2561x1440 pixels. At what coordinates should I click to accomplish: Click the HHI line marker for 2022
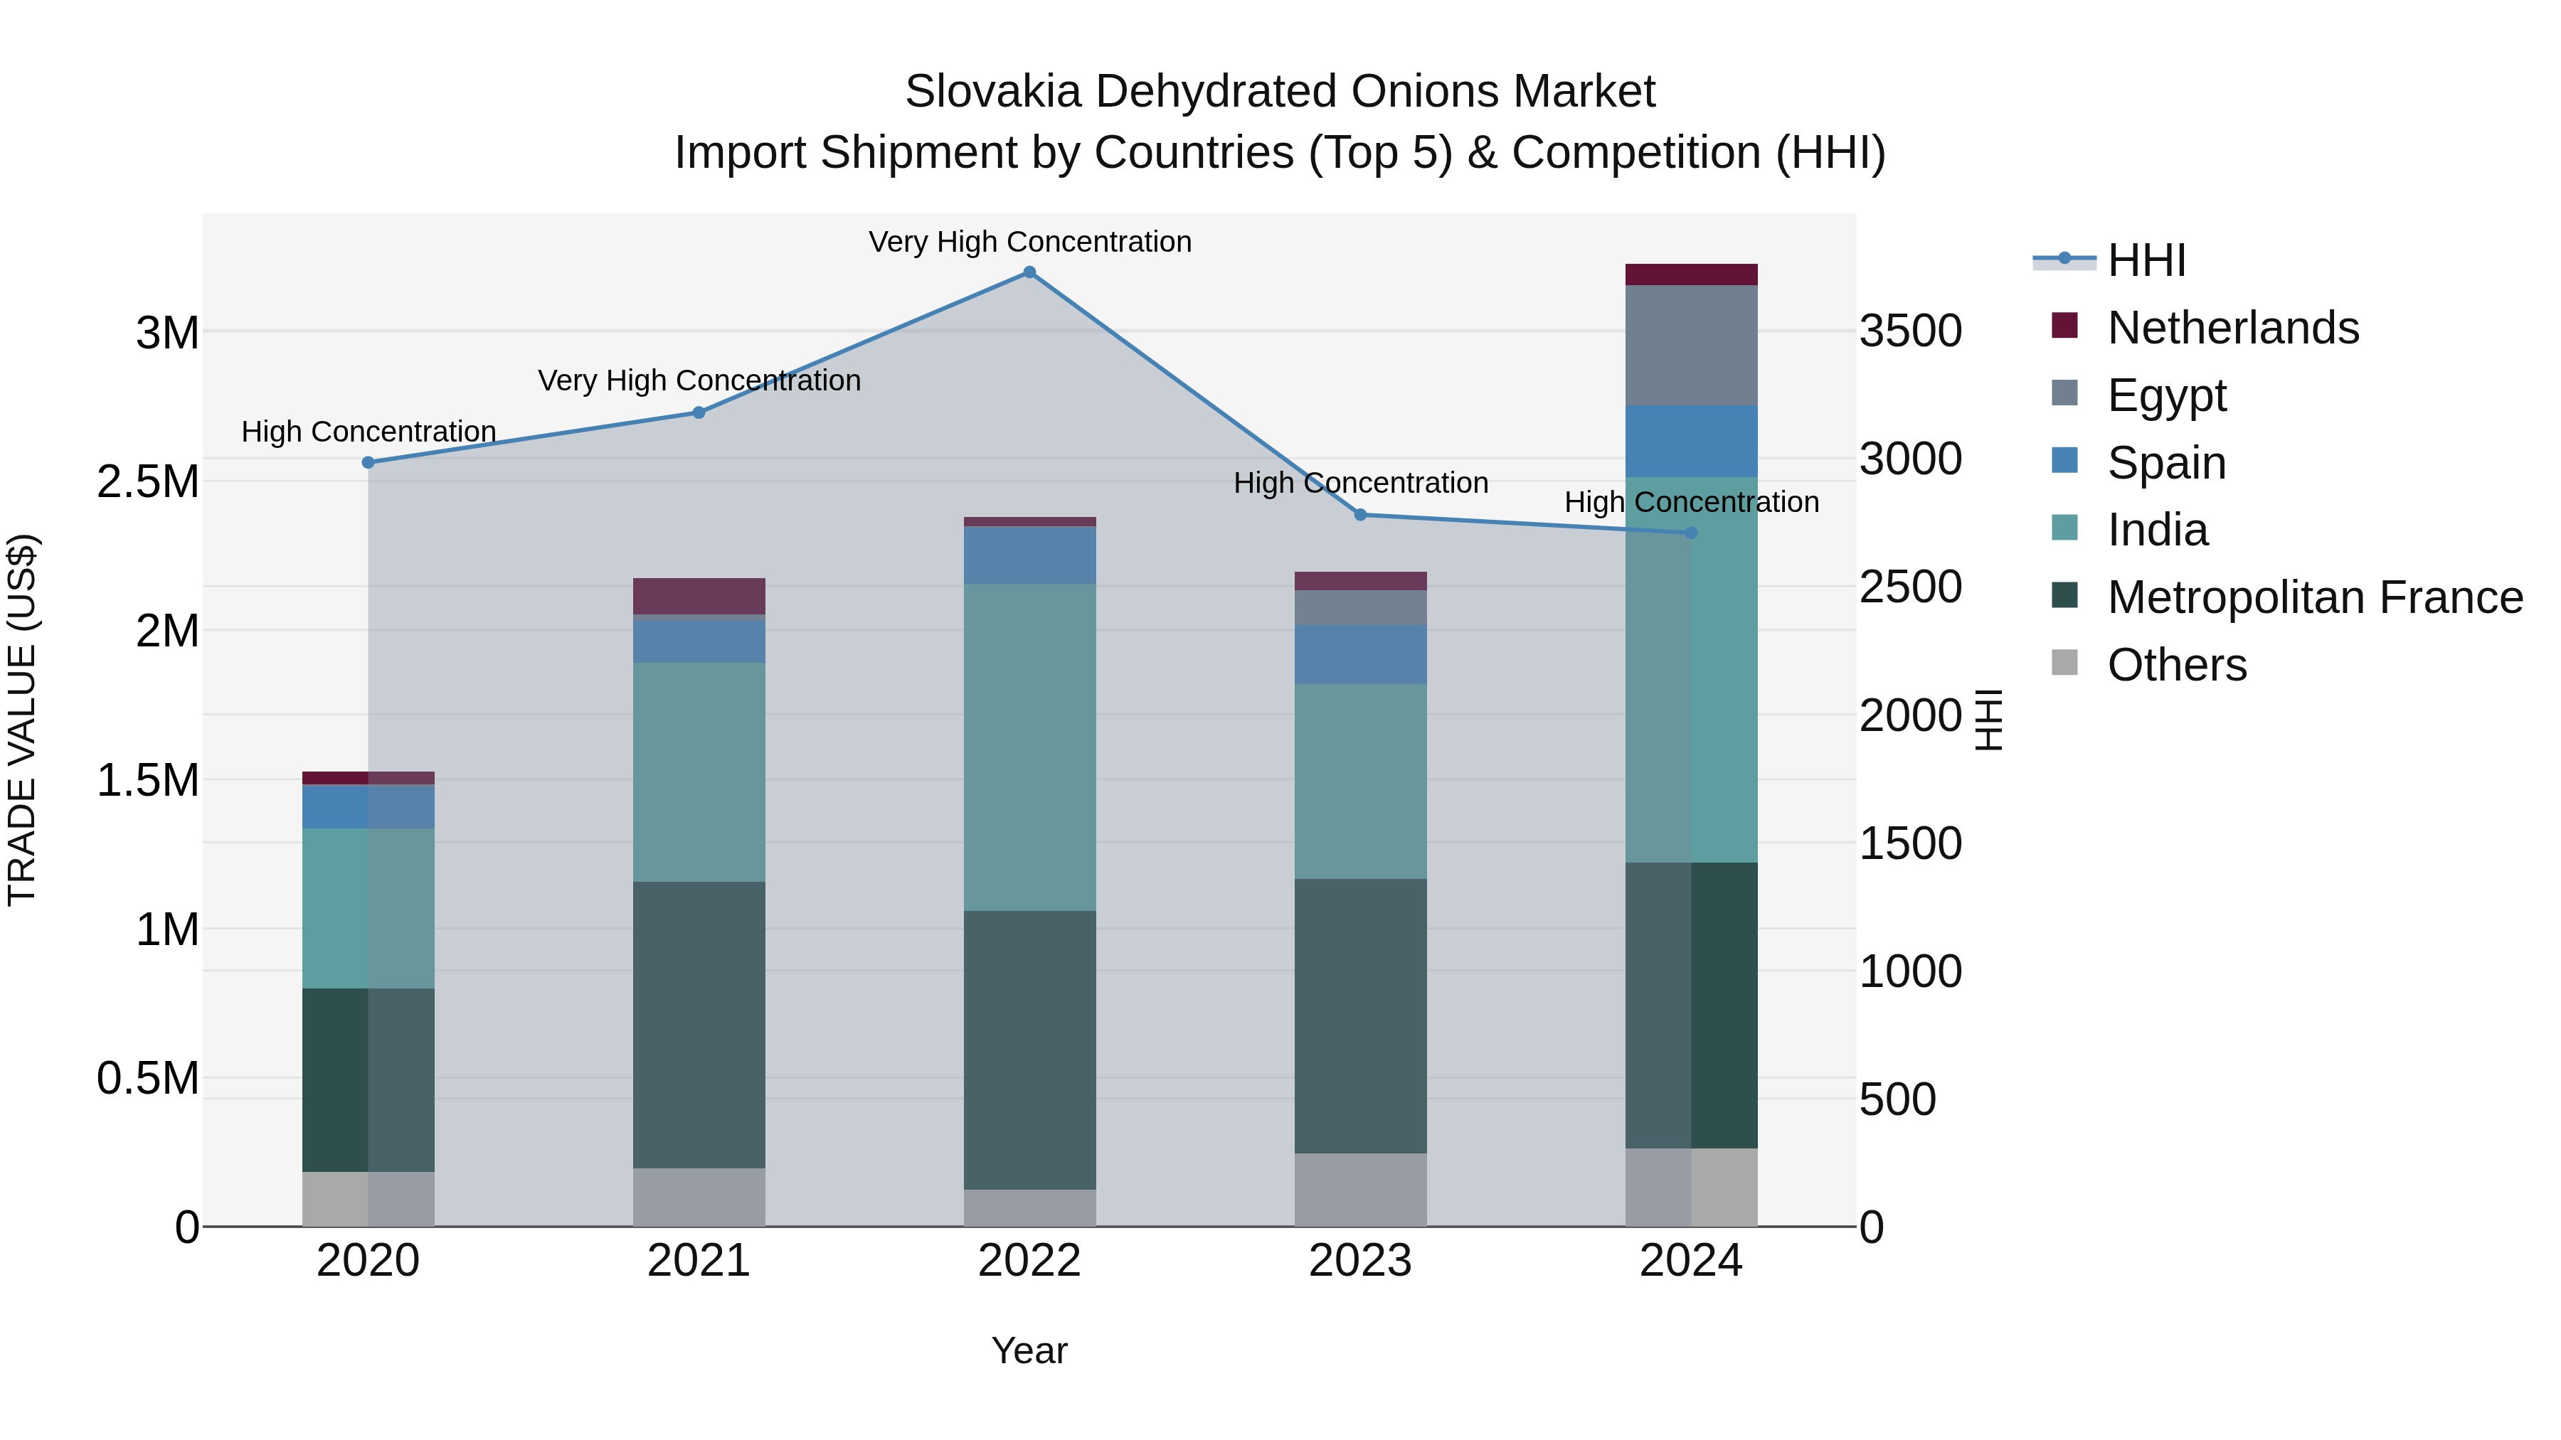coord(1029,272)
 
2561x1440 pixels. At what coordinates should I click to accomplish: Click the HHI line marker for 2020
coord(368,462)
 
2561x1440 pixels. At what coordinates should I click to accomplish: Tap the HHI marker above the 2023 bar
coord(1360,515)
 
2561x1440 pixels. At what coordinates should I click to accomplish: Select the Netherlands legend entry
coord(2232,328)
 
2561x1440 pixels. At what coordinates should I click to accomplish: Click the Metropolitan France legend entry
coord(2313,597)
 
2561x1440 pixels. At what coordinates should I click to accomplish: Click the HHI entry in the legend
coord(2146,260)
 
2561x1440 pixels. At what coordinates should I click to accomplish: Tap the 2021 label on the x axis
coord(698,1261)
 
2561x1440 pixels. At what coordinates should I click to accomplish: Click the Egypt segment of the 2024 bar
coord(1690,345)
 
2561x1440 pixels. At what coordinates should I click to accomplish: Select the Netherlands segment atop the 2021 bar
coord(698,597)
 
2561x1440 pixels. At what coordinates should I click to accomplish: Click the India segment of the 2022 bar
coord(1029,747)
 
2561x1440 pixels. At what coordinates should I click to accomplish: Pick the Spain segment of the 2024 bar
coord(1690,440)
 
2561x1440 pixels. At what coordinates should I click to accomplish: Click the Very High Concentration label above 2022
coord(1029,242)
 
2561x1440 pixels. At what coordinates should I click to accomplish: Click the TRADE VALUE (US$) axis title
coord(22,720)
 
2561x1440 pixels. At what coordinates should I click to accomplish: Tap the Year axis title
coord(1029,1350)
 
